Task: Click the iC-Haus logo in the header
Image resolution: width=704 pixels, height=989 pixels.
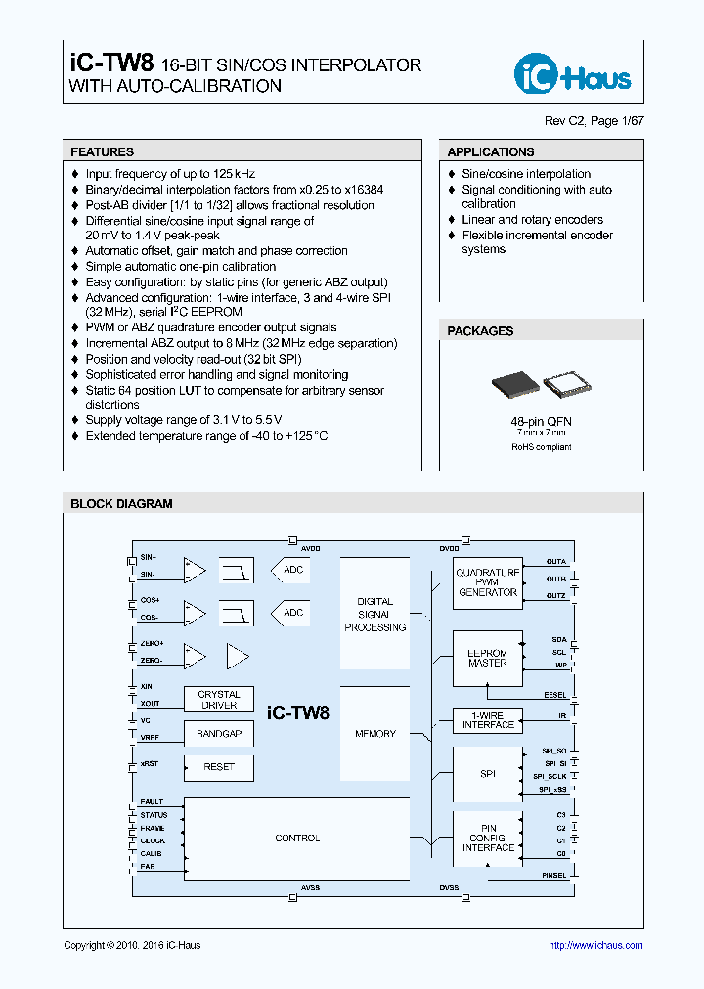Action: pos(573,74)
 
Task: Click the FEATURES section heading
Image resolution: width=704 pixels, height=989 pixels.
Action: pos(103,152)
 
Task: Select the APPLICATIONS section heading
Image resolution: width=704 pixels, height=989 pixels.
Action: pos(491,152)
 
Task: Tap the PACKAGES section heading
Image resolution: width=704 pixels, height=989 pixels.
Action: pos(480,331)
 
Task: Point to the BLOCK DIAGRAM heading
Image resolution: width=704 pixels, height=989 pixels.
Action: pos(121,504)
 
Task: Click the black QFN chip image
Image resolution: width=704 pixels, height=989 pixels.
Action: pos(513,383)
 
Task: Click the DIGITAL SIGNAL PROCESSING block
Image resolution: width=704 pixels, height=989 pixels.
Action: pos(374,615)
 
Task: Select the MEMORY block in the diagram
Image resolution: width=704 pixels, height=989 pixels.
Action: pos(374,733)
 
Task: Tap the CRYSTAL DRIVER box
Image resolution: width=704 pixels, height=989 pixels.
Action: pos(218,700)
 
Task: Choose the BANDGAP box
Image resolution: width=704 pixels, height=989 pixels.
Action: pos(218,734)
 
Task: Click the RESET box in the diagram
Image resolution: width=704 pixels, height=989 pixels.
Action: pos(218,767)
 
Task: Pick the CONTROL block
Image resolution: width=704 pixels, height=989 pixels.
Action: pos(297,838)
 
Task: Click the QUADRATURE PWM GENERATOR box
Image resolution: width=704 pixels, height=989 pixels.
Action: pos(488,583)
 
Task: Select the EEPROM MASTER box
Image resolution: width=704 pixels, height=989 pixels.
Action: pos(488,657)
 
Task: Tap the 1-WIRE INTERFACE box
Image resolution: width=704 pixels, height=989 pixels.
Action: pos(488,720)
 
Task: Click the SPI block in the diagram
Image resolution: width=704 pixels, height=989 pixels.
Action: pos(488,774)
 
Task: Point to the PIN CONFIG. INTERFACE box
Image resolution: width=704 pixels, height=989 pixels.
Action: pos(488,838)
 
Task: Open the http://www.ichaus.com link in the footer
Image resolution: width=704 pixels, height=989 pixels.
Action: pos(595,945)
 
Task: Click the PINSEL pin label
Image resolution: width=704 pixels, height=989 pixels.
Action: pos(553,876)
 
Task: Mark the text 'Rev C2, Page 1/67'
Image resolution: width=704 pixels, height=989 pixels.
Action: pos(594,121)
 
